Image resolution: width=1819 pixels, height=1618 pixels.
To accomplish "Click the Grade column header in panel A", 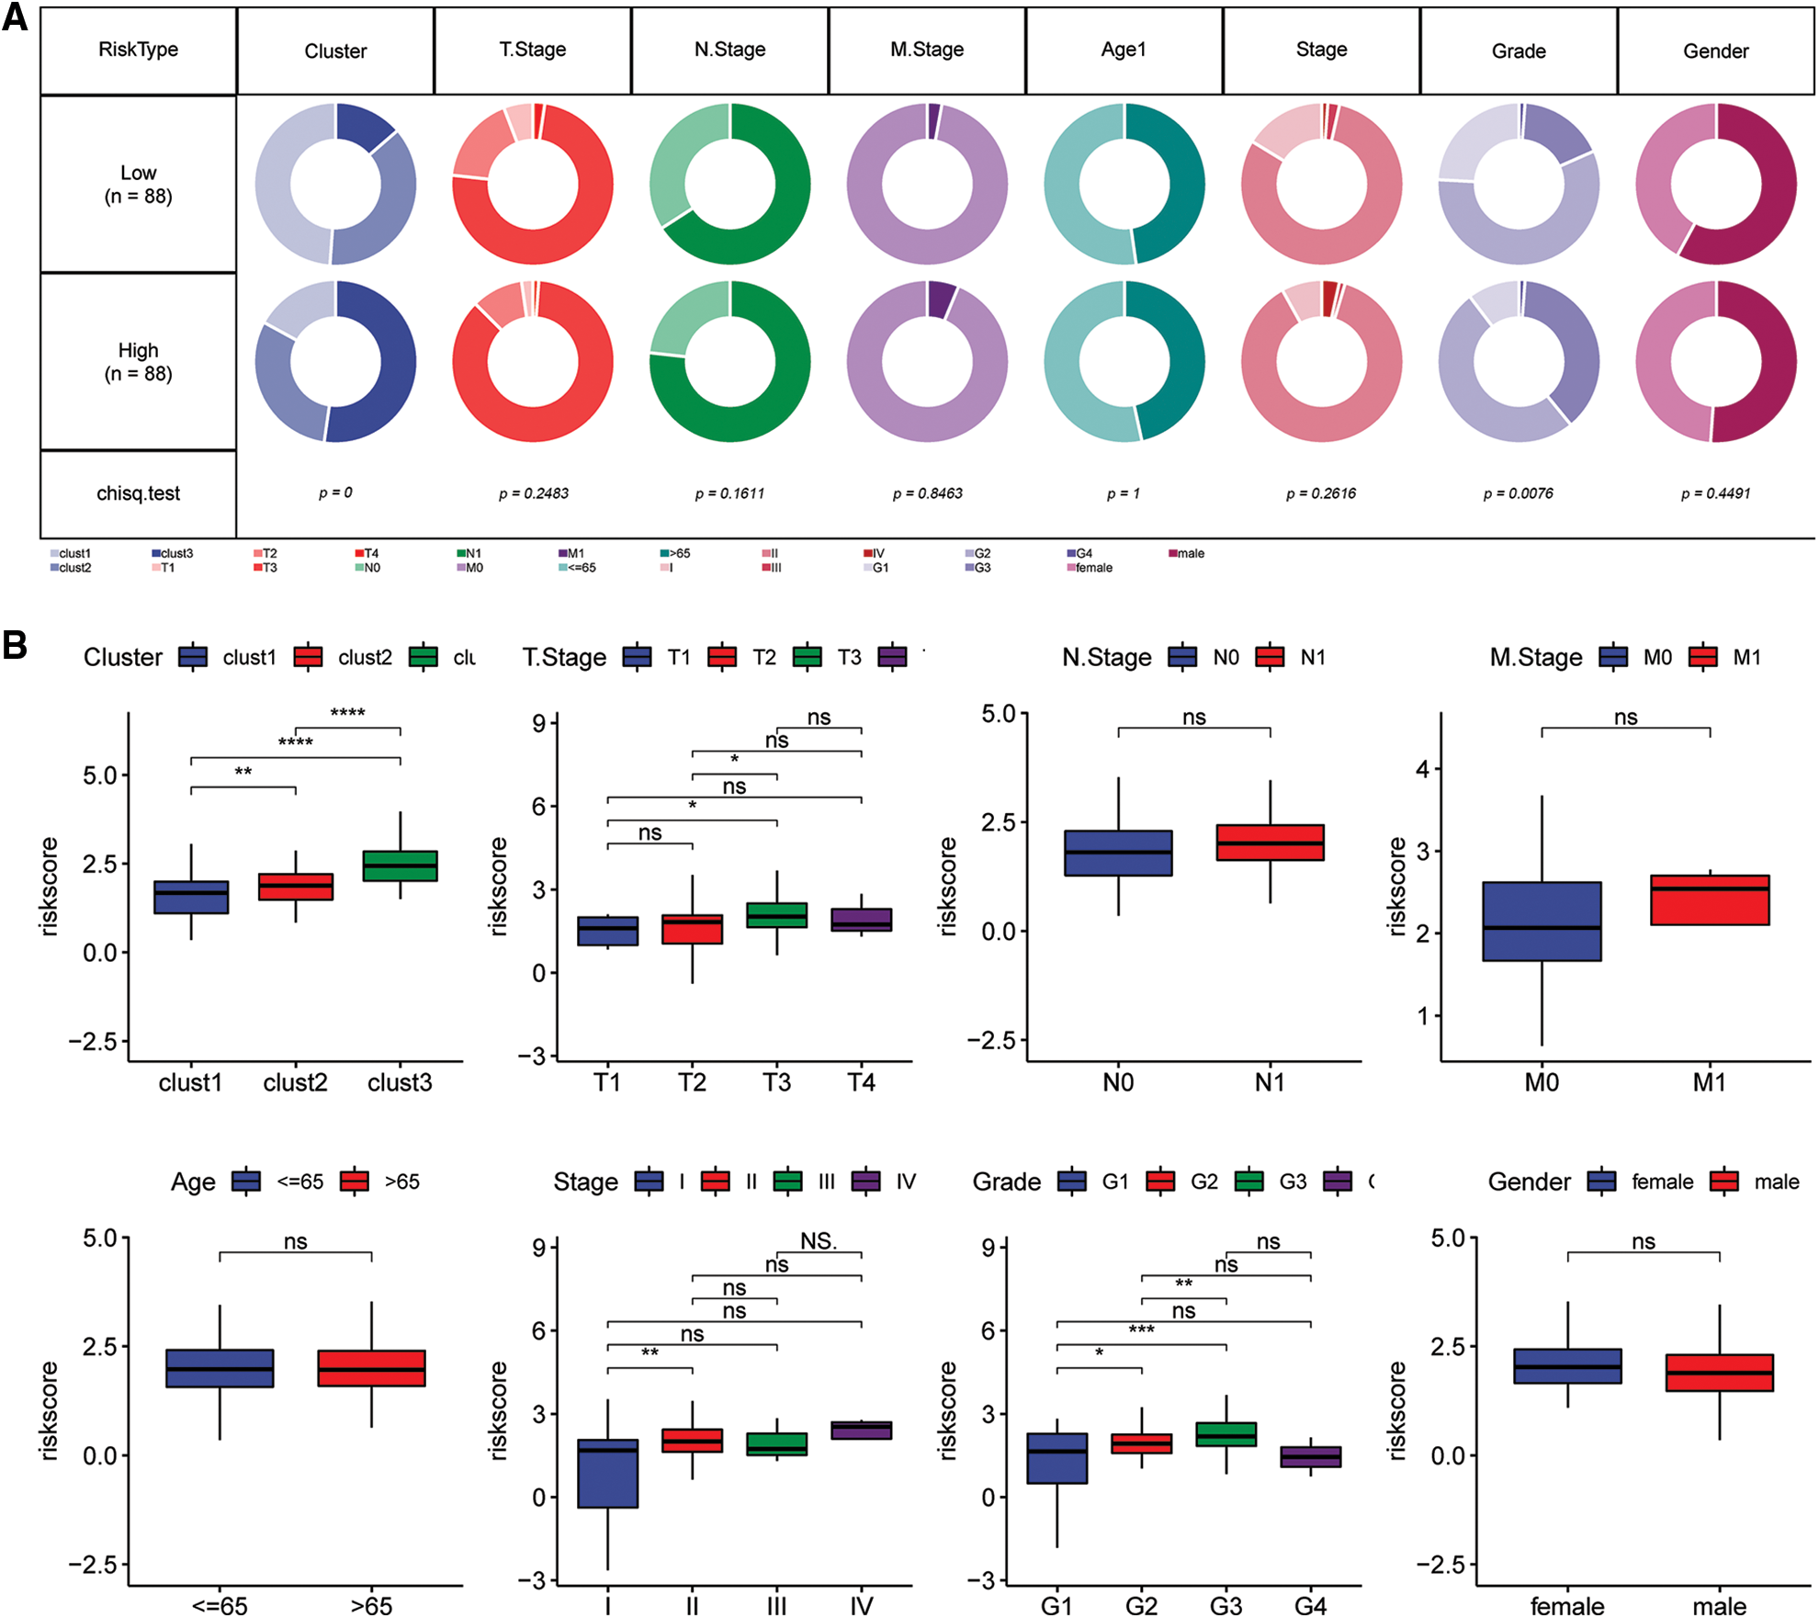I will (1518, 51).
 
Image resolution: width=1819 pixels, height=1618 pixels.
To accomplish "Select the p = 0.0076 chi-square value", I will (1518, 493).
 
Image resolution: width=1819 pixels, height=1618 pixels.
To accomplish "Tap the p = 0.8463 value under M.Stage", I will (927, 493).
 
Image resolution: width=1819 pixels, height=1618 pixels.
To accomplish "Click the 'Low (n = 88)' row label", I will (138, 184).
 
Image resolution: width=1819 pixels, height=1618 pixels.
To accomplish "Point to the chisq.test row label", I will (138, 493).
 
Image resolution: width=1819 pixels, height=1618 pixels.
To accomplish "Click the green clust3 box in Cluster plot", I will (400, 866).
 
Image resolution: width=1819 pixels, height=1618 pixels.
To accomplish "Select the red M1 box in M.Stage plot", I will (1710, 900).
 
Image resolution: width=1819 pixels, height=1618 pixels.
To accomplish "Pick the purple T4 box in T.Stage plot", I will (862, 920).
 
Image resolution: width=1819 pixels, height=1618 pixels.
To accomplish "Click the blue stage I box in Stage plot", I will (607, 1473).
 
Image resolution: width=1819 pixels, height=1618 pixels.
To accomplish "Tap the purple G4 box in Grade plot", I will (1311, 1456).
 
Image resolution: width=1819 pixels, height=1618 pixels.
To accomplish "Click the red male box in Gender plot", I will (1719, 1372).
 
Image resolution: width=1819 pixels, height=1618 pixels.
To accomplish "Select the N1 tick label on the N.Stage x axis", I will (1270, 1082).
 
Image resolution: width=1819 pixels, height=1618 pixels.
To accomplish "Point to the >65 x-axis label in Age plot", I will (371, 1605).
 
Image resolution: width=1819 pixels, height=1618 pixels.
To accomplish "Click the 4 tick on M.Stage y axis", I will (1422, 769).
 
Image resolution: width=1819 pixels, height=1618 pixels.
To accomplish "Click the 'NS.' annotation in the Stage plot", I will (819, 1241).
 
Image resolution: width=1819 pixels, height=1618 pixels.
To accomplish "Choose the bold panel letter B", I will (15, 645).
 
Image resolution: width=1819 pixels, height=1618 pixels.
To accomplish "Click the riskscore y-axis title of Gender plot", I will (1396, 1410).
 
